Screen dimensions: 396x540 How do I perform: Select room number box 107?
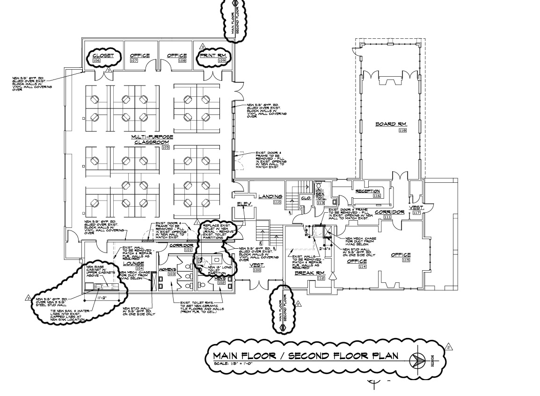coord(134,61)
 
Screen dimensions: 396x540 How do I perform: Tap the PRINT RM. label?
coord(213,56)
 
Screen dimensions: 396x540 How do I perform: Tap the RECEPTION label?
coord(367,191)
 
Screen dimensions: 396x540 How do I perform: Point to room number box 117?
coord(417,213)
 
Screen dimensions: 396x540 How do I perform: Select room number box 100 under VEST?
coord(257,270)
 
